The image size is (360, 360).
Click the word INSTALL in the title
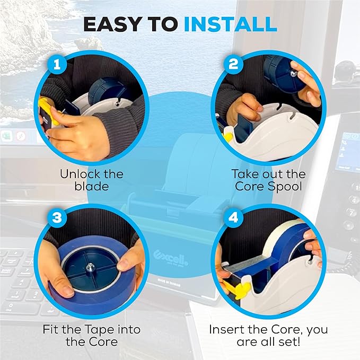pos(230,24)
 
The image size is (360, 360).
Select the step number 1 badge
pos(57,65)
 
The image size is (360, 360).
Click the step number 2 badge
pos(233,64)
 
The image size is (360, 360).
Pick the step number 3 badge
pos(57,217)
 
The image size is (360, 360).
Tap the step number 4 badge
pos(233,217)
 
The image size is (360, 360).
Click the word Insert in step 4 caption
pos(226,330)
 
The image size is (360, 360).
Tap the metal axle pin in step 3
pos(90,267)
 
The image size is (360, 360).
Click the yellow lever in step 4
pos(239,289)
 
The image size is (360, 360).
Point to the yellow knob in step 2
pos(227,137)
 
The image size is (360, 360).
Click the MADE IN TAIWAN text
pos(169,283)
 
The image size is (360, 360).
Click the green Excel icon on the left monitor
pos(6,136)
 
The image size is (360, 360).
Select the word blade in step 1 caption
pos(91,186)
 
